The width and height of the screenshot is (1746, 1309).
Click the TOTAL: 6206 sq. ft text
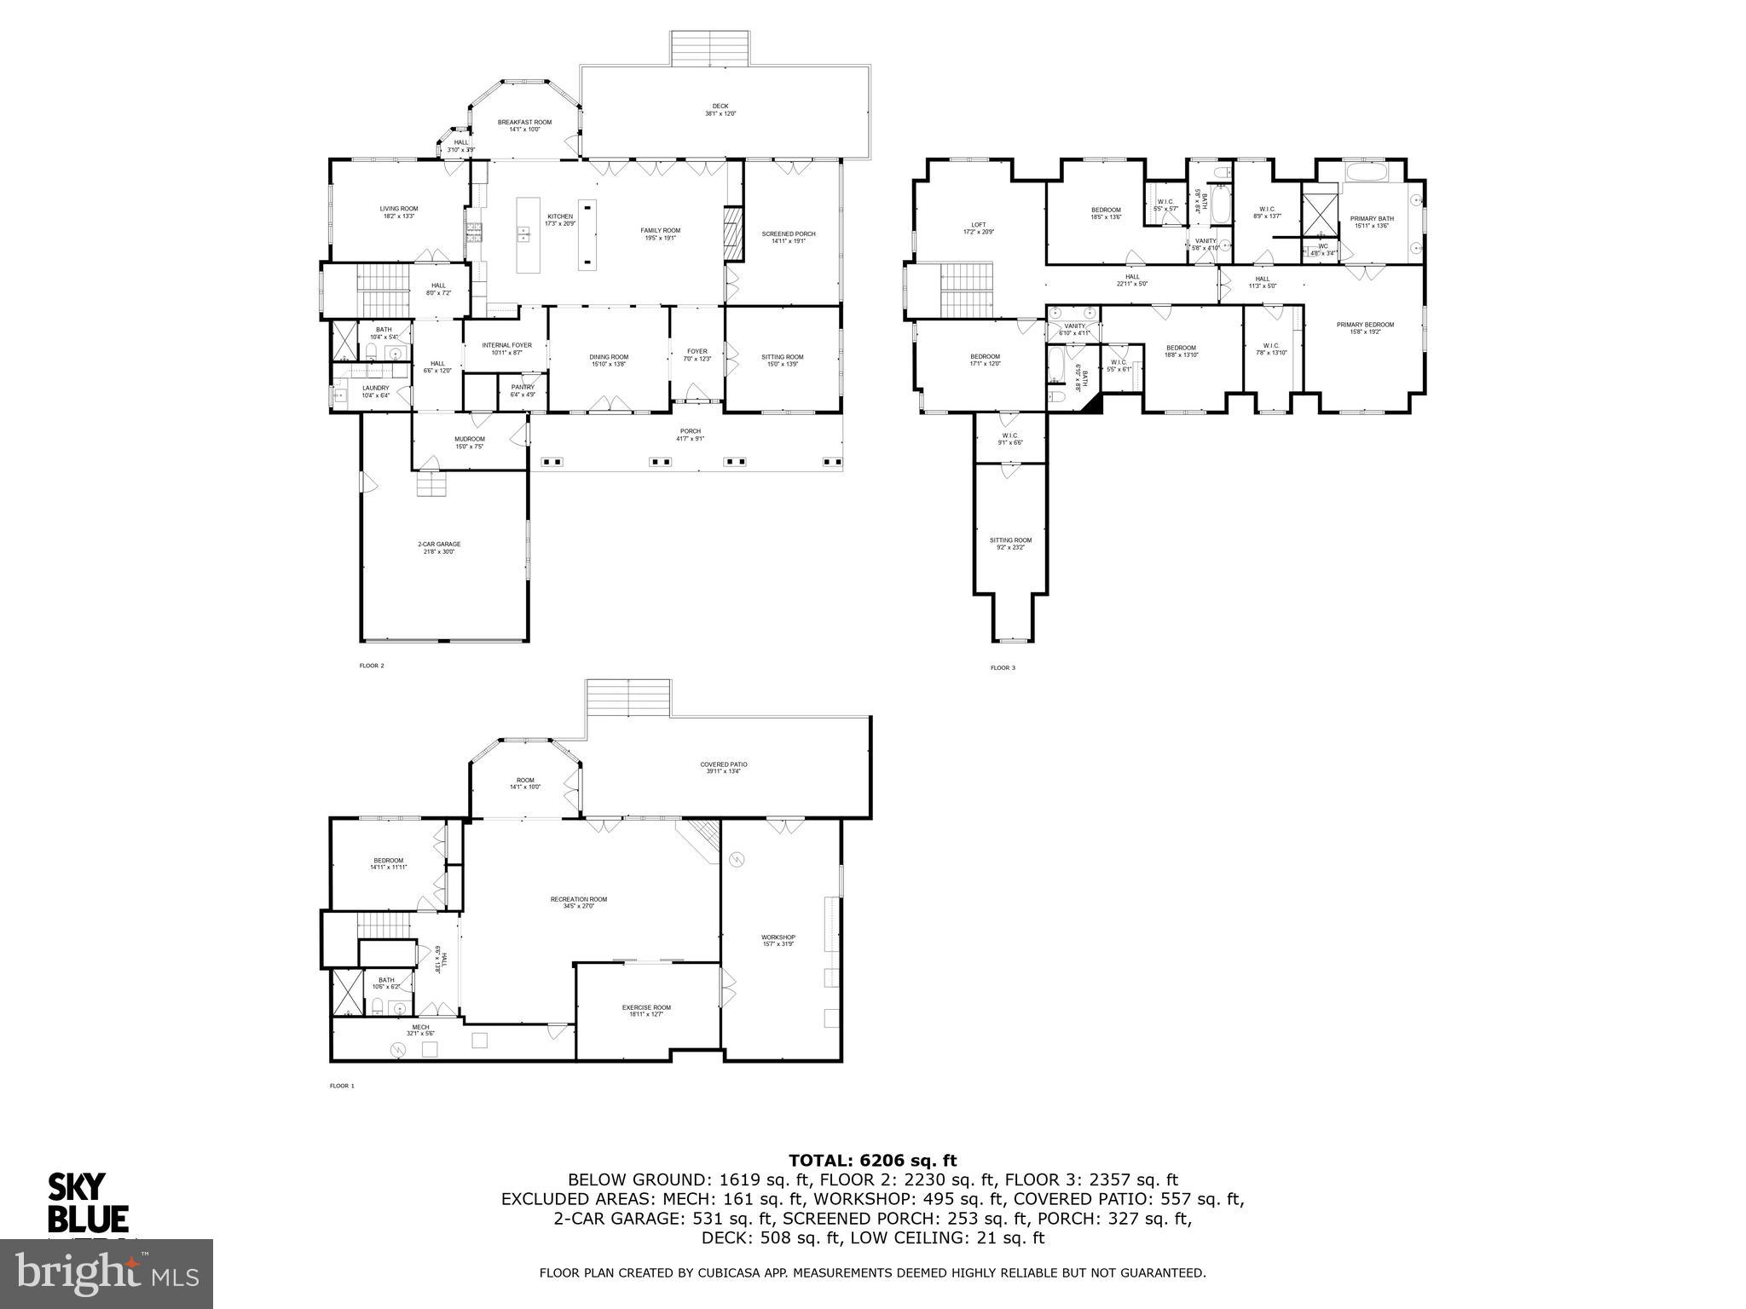(x=872, y=1160)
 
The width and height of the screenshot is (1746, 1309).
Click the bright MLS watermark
(x=107, y=1274)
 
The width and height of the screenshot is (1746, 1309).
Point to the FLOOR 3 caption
(x=1003, y=667)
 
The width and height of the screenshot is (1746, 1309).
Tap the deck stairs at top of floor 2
(x=710, y=48)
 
